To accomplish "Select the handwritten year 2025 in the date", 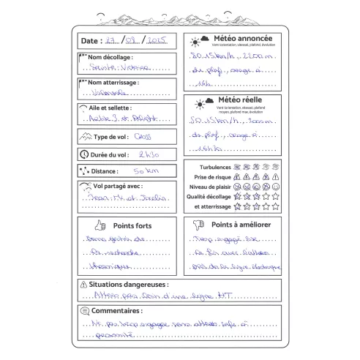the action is pyautogui.click(x=158, y=40).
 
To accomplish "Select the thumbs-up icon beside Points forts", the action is pyautogui.click(x=99, y=226).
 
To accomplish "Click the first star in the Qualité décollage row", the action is pyautogui.click(x=246, y=197).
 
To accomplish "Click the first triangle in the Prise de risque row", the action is pyautogui.click(x=246, y=177).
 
